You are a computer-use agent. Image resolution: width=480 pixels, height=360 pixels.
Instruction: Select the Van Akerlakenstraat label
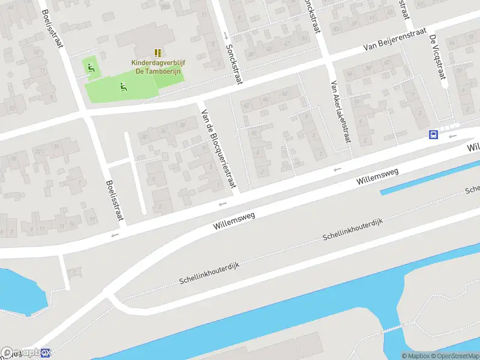tap(339, 111)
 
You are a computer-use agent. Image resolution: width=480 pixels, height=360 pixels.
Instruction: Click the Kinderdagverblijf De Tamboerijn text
tap(157, 65)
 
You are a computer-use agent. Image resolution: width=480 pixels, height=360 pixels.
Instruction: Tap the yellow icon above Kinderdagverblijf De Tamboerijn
tap(157, 53)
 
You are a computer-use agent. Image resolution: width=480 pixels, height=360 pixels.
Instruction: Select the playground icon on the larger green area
tap(123, 88)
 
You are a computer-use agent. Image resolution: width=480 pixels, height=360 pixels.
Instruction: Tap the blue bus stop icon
tap(433, 134)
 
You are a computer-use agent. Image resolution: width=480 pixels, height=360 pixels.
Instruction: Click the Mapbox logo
tap(27, 353)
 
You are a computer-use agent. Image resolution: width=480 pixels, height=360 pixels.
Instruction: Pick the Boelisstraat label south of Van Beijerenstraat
tap(114, 201)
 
